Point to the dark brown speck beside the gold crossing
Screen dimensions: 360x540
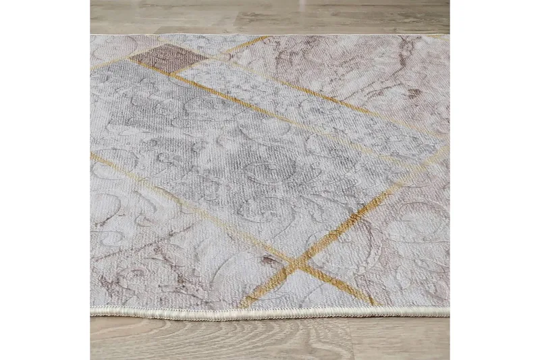click(270, 259)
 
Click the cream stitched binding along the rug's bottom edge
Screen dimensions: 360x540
click(270, 312)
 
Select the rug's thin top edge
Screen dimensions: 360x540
click(270, 35)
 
